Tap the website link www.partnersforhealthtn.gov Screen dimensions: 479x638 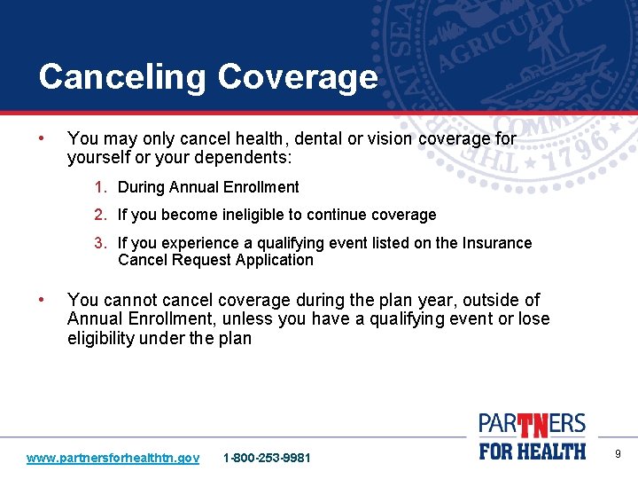113,458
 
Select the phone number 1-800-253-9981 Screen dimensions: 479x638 268,458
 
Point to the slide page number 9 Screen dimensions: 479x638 618,455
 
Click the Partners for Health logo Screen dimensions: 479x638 533,436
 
